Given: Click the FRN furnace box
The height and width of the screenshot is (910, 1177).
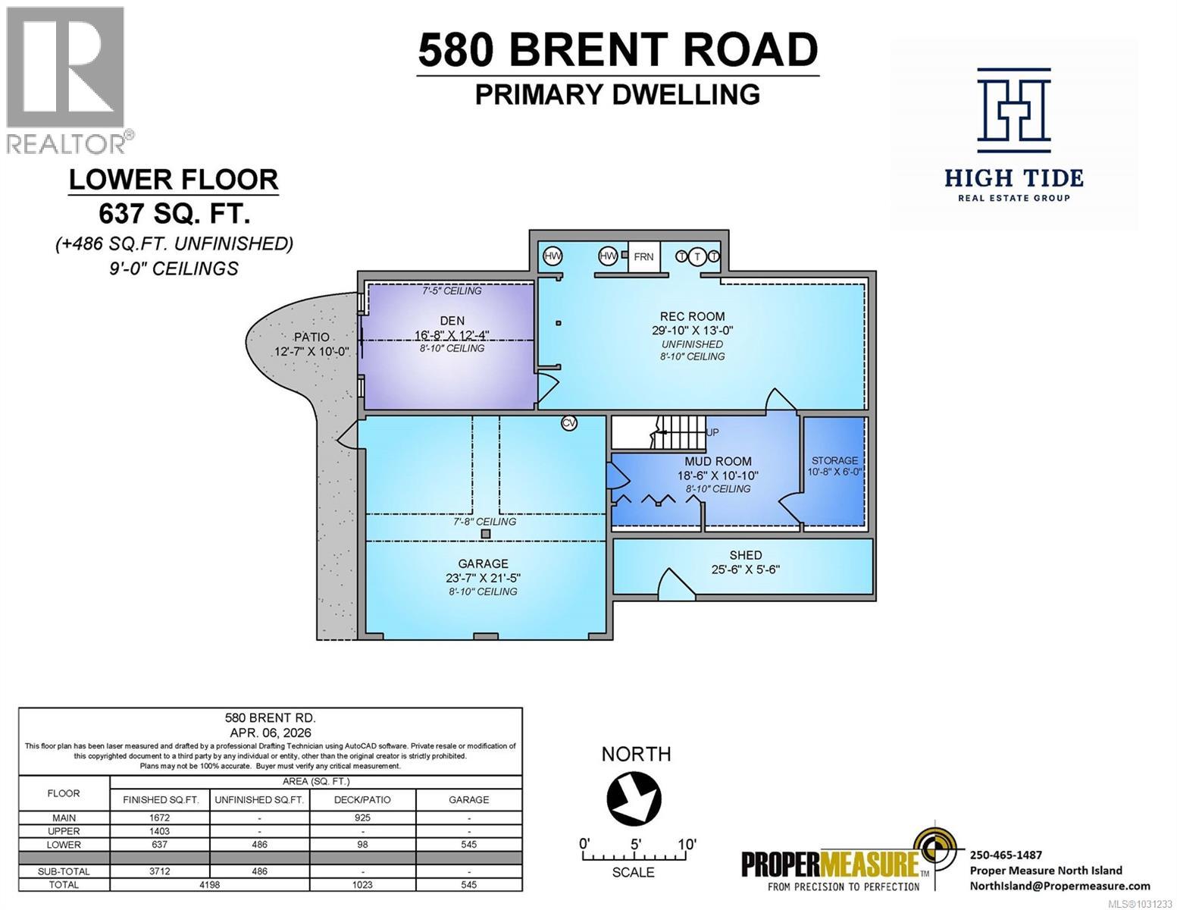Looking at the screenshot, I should tap(643, 257).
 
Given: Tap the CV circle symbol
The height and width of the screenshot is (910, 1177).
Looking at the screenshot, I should tap(569, 423).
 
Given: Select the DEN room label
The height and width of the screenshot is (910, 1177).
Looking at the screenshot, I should tap(452, 321).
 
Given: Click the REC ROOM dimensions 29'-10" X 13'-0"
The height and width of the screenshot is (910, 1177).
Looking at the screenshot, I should tap(692, 330).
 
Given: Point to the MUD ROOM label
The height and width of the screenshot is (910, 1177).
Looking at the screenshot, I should tap(718, 461).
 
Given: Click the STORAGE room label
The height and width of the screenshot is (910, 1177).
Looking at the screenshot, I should tap(834, 460).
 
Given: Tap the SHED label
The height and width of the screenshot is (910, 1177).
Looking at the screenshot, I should tap(745, 555).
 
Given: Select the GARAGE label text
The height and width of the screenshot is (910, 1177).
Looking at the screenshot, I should tap(483, 563).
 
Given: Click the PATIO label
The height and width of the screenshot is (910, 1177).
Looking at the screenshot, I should tap(311, 337).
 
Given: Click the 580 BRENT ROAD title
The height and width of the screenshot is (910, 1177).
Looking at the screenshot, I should tap(618, 50).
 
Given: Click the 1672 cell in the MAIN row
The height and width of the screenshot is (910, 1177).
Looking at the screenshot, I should tap(160, 818).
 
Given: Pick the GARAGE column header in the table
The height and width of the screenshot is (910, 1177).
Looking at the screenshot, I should tap(468, 799).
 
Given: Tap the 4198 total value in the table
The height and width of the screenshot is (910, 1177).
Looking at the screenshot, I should tap(209, 885).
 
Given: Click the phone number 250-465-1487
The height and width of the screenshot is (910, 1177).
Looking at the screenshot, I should tap(1006, 855).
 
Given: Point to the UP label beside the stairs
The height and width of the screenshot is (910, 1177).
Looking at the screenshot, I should tap(712, 432).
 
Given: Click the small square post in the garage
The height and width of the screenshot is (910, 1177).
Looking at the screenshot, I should tap(486, 534).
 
